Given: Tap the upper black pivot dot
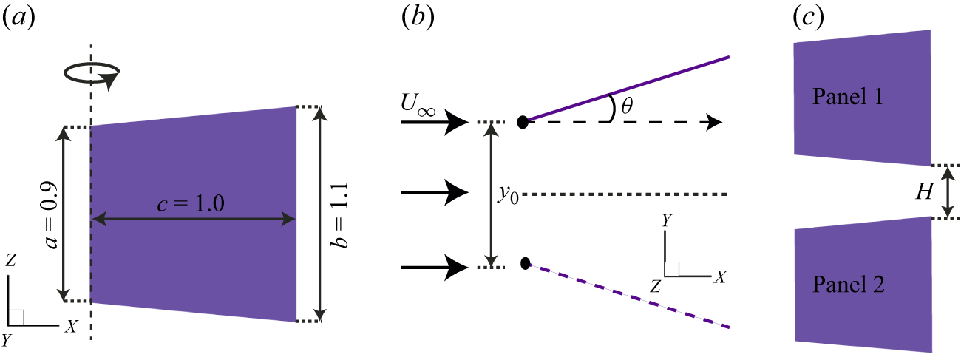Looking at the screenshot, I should (523, 122).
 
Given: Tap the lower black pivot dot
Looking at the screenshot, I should (525, 263).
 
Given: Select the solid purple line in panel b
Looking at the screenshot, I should (628, 89).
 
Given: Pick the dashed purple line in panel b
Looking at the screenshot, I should (628, 296).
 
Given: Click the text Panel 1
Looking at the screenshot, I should (847, 96).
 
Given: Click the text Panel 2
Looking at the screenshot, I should (847, 284).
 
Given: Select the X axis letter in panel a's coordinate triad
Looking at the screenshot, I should (71, 326).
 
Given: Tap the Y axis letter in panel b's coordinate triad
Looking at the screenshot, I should (667, 220).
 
